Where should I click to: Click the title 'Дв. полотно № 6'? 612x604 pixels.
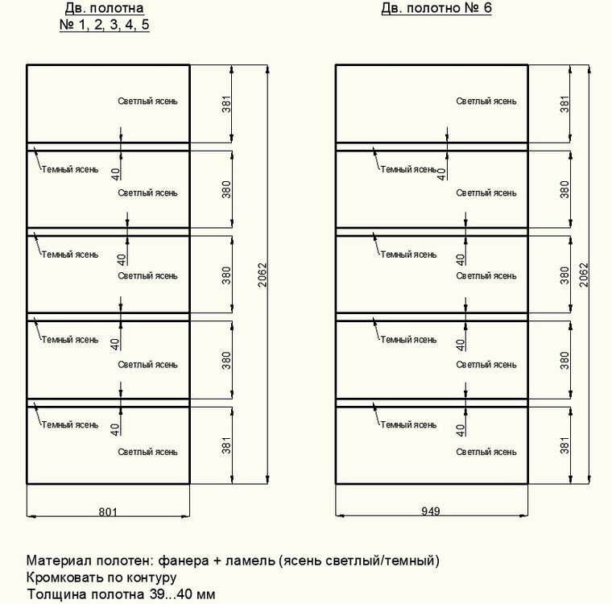436,9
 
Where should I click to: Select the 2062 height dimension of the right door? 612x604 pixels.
585,275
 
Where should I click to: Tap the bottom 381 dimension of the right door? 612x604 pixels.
564,445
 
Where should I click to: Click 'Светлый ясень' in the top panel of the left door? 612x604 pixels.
147,101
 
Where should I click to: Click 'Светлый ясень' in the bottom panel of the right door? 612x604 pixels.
486,452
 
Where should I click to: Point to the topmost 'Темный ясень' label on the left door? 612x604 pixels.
70,170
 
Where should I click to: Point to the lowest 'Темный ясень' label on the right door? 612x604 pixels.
408,424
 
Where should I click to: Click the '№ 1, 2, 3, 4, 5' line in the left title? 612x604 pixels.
105,25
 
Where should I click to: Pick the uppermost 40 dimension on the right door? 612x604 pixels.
441,172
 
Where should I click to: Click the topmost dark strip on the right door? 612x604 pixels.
432,147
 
